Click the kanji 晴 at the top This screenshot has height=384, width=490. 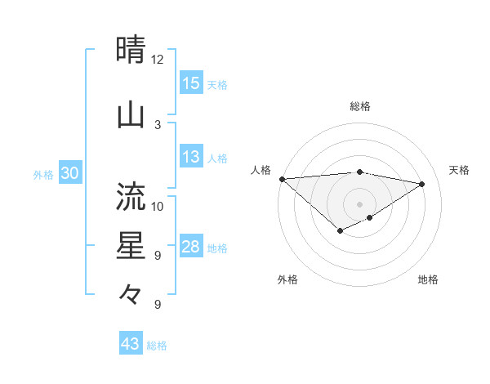pyautogui.click(x=131, y=51)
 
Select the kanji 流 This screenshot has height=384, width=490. pyautogui.click(x=131, y=196)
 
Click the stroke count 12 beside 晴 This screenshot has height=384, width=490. pyautogui.click(x=158, y=60)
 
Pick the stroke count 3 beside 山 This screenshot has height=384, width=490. pyautogui.click(x=158, y=124)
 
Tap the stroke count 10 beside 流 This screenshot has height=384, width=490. pyautogui.click(x=158, y=206)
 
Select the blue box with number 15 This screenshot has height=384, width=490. pyautogui.click(x=191, y=83)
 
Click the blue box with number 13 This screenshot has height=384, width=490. pyautogui.click(x=191, y=157)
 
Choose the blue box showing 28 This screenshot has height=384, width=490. pyautogui.click(x=191, y=247)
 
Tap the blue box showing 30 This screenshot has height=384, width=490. pyautogui.click(x=69, y=174)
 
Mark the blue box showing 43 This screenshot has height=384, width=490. pyautogui.click(x=130, y=344)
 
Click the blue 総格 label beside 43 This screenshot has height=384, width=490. pyautogui.click(x=158, y=346)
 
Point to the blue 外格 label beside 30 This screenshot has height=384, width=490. pyautogui.click(x=43, y=175)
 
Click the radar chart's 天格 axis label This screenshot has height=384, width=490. pyautogui.click(x=460, y=170)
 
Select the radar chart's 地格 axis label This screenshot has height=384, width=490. pyautogui.click(x=428, y=280)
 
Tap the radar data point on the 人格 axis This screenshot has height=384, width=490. pyautogui.click(x=282, y=179)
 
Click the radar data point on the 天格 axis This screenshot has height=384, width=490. pyautogui.click(x=422, y=185)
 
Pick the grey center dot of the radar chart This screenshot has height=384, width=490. pyautogui.click(x=359, y=204)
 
